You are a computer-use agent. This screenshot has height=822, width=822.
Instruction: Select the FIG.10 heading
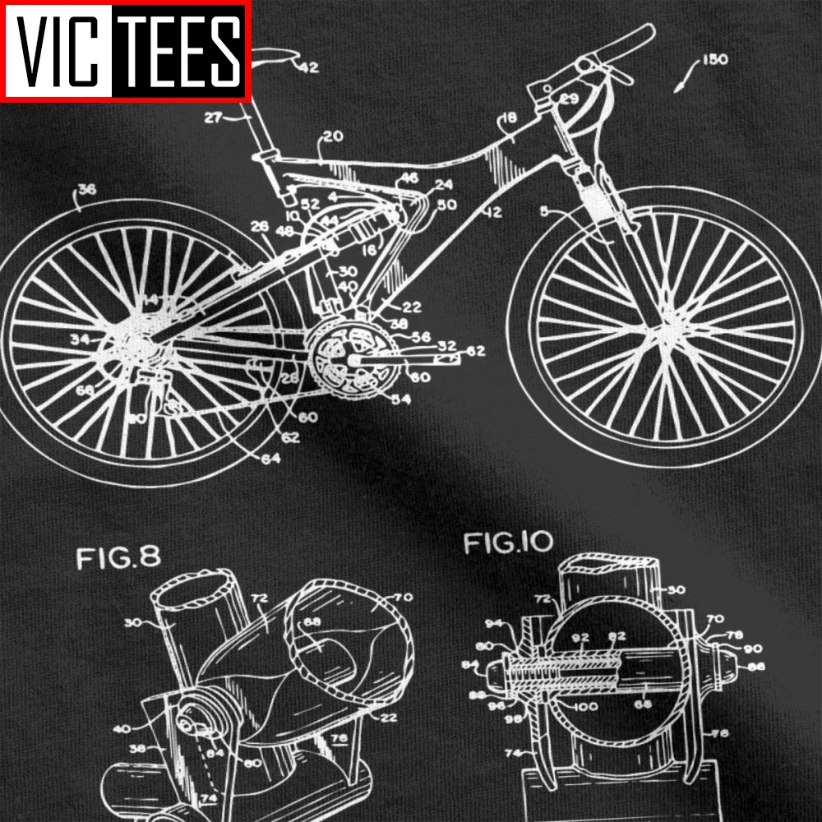509,543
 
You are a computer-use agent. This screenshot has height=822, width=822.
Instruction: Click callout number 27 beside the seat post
213,118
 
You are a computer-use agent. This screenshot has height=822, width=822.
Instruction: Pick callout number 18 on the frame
510,120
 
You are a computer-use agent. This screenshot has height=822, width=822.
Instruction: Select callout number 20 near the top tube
333,138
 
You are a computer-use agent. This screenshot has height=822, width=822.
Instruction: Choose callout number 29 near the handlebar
570,99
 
